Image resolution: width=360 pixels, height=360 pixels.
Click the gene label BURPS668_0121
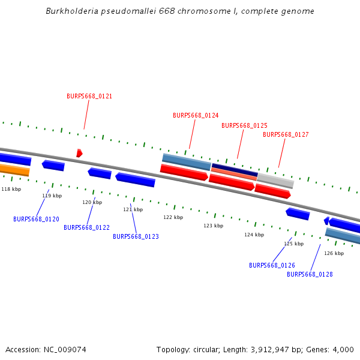(89, 96)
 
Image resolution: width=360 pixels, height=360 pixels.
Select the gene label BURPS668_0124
(196, 115)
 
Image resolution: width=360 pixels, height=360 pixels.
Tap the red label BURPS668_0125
(244, 125)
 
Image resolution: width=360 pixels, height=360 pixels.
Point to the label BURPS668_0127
(286, 134)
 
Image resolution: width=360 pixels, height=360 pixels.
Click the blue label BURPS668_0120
(36, 219)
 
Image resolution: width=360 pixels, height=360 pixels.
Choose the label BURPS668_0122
(86, 227)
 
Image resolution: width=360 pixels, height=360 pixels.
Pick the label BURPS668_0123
(136, 236)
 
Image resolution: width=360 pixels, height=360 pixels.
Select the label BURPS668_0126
(272, 265)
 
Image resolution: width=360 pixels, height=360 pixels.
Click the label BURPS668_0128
(310, 274)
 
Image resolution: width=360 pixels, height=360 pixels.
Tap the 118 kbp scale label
(11, 189)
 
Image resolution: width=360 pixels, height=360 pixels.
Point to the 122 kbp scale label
(173, 217)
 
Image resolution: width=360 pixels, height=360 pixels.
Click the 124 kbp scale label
(254, 235)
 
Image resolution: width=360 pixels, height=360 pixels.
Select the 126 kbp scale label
(334, 253)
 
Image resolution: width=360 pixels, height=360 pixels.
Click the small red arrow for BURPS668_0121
(79, 153)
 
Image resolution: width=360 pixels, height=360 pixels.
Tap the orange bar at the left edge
(14, 170)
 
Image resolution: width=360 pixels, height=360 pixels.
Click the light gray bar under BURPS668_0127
(275, 180)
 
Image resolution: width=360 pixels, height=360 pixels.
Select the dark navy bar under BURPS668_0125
(235, 170)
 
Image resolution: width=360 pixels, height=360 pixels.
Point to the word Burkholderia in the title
(70, 11)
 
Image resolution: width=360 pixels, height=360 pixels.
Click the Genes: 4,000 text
(334, 349)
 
